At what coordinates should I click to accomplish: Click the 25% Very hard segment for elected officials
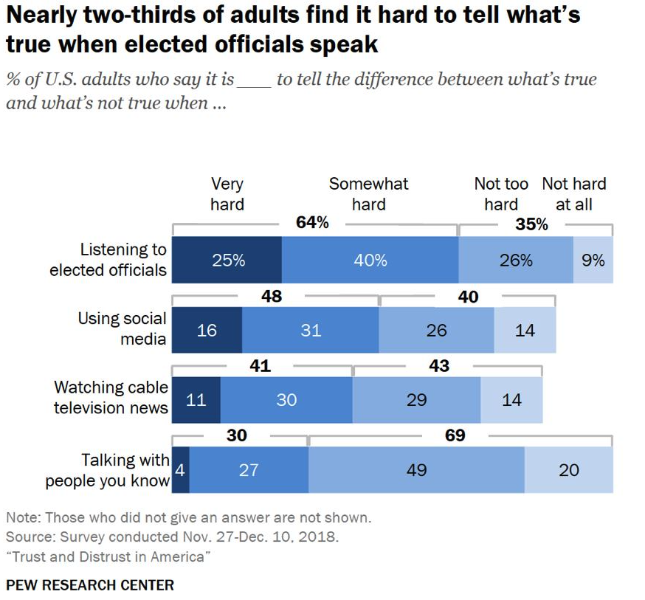point(227,260)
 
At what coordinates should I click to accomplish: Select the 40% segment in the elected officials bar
point(370,260)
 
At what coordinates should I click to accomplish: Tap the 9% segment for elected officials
point(593,260)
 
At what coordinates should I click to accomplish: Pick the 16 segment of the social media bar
point(207,330)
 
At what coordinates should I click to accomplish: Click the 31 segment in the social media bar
point(311,330)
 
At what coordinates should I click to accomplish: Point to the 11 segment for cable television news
point(196,399)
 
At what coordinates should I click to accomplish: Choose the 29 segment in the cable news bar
point(416,399)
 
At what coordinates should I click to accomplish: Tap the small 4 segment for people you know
point(180,469)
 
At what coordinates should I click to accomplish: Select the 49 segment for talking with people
point(416,469)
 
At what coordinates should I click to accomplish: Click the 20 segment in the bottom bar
point(569,469)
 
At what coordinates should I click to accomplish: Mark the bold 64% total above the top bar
point(312,223)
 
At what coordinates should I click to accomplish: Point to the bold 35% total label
point(531,224)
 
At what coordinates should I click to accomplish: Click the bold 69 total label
point(455,435)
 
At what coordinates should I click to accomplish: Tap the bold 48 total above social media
point(272,297)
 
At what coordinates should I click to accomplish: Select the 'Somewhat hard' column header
point(368,193)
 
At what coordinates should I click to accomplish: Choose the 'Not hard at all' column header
point(574,193)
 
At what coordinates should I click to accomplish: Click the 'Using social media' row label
point(123,329)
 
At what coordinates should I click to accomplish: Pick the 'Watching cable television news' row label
point(111,397)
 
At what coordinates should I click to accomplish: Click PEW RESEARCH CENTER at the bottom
point(90,585)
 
